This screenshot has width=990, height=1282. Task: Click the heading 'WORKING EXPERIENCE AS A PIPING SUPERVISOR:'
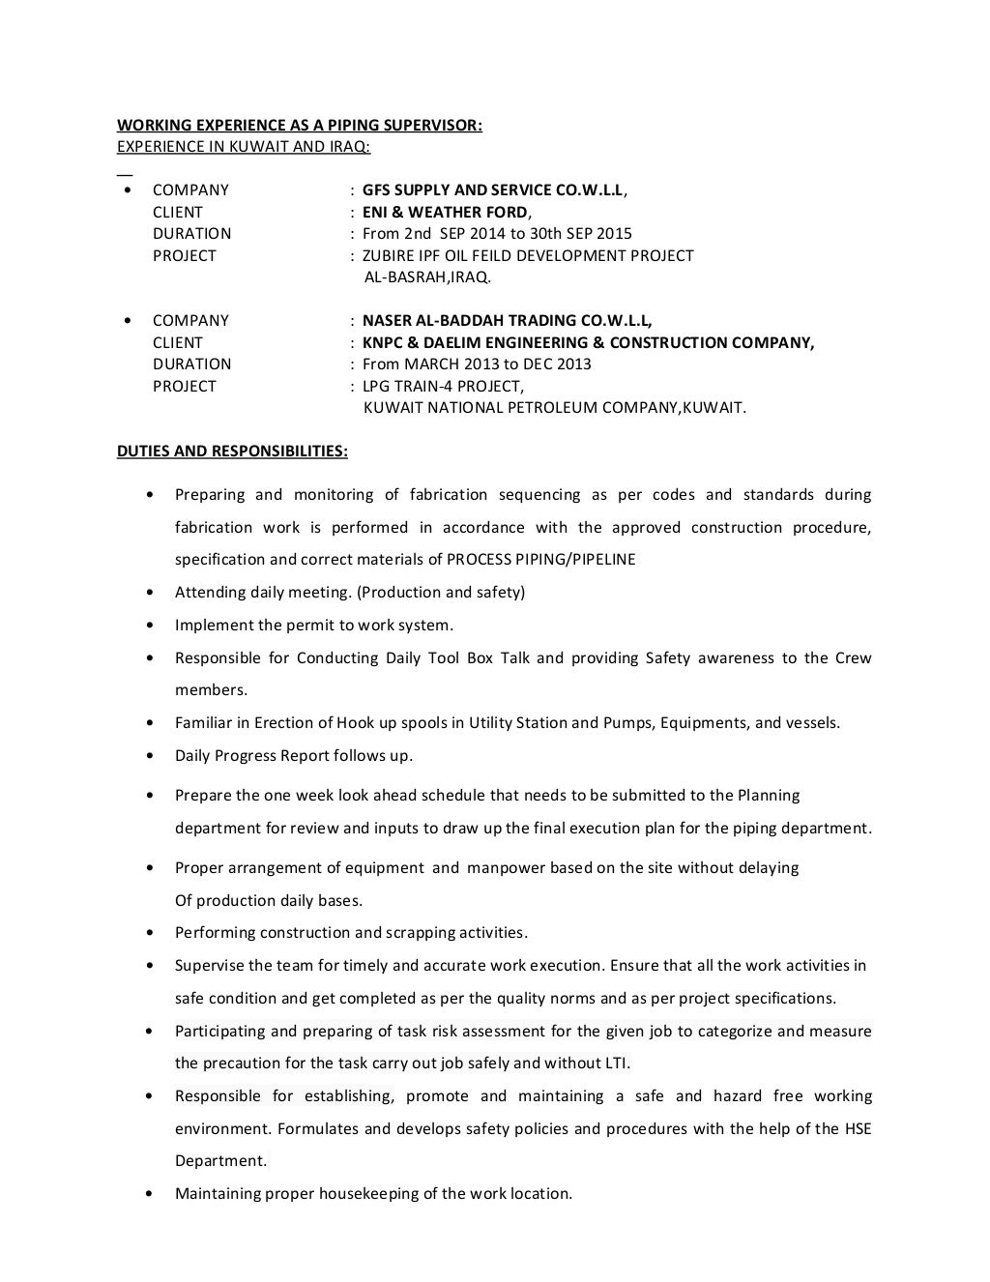click(x=299, y=126)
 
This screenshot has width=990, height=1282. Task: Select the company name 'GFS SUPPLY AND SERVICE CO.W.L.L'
click(x=493, y=190)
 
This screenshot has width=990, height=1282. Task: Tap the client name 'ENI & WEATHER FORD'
click(x=445, y=213)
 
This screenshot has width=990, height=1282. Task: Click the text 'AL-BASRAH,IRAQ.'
click(x=427, y=277)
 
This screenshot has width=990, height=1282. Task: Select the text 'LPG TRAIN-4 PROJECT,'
click(x=442, y=387)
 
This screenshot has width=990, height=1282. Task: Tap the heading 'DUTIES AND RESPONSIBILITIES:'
click(x=232, y=452)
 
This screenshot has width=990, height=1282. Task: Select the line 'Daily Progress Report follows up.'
click(x=293, y=756)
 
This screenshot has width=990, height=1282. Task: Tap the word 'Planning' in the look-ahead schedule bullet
click(x=769, y=796)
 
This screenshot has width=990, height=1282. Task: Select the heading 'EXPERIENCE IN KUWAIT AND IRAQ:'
click(x=244, y=147)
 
